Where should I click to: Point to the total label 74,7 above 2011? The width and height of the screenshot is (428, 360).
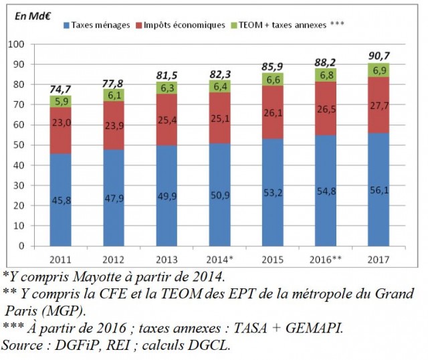pos(60,88)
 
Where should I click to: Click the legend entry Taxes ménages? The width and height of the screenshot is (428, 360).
pos(100,25)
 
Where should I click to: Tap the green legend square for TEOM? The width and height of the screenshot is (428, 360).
pos(233,25)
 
